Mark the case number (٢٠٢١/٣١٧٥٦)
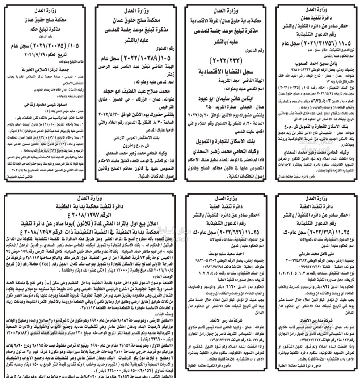click(321, 43)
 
